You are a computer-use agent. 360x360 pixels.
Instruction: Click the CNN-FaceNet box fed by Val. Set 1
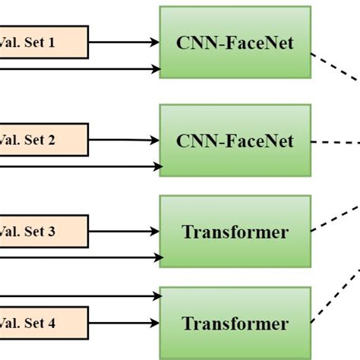click(x=235, y=43)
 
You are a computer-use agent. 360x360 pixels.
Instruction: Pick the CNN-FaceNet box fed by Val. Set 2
click(x=235, y=141)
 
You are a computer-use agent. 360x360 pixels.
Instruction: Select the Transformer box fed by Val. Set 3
click(x=235, y=232)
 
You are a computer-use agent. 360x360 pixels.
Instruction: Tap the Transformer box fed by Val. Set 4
click(x=235, y=323)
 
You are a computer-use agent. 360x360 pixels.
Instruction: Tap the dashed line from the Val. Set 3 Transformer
click(x=335, y=216)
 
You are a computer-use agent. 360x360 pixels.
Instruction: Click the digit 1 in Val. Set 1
click(x=51, y=43)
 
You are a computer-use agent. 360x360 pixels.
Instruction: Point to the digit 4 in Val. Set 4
click(x=52, y=323)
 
